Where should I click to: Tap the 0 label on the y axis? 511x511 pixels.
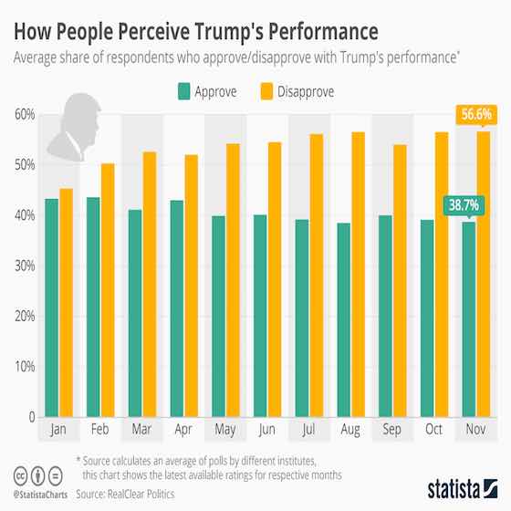pyautogui.click(x=30, y=417)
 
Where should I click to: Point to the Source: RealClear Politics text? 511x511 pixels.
pyautogui.click(x=132, y=494)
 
